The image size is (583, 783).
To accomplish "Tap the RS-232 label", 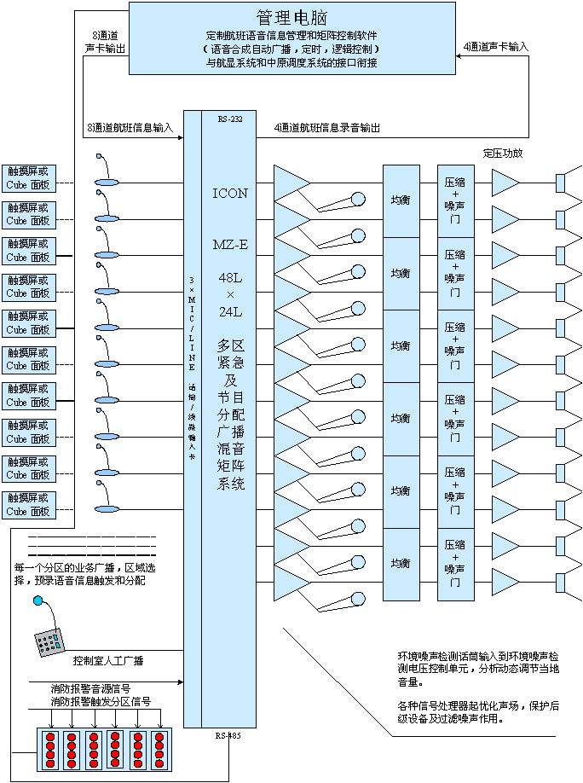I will click(229, 119).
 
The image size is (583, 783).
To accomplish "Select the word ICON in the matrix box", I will click(229, 194).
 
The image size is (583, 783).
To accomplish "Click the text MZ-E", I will click(229, 245).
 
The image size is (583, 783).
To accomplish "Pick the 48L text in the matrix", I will click(229, 278).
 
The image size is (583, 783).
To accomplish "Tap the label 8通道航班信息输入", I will click(130, 127).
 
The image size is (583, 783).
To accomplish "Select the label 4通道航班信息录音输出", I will click(326, 127).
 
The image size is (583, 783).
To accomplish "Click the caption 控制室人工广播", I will click(108, 660).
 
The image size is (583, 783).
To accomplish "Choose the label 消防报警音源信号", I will click(95, 687).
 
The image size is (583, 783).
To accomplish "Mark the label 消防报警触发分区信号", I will click(101, 701).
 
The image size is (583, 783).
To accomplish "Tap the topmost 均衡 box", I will click(401, 200).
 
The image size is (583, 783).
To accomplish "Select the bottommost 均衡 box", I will click(401, 564).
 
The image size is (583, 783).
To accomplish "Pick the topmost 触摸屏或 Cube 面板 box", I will click(28, 177).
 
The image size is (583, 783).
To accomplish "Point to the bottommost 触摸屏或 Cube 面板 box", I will click(28, 504).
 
